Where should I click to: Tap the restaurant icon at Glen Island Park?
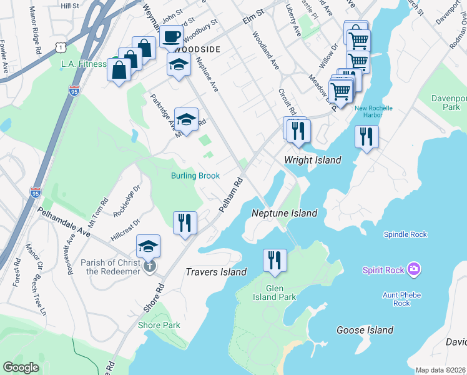pos(275,260)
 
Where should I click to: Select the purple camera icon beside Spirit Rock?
pos(413,270)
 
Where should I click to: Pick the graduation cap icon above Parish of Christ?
pos(148,246)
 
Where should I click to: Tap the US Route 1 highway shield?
pos(59,47)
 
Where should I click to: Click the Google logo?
pos(21,367)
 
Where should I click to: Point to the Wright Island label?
pos(312,160)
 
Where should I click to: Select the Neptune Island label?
pos(284,213)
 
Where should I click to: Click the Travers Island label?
pos(216,272)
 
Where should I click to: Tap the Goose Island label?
pos(365,330)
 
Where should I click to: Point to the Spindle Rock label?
pos(405,234)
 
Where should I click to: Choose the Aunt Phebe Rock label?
pos(401,299)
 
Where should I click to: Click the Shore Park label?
pos(159,325)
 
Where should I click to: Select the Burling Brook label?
pos(195,176)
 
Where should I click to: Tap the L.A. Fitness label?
pos(84,64)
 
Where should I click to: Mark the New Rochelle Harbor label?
pos(373,112)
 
